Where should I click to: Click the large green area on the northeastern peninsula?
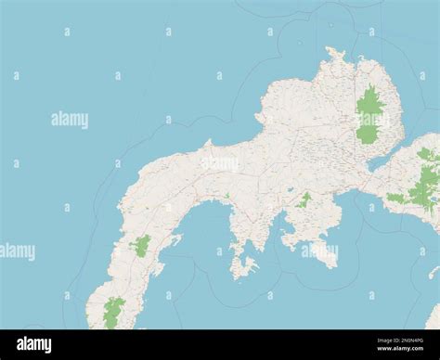click(369, 115)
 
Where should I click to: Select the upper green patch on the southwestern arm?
click(141, 245)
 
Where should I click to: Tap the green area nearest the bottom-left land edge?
click(113, 312)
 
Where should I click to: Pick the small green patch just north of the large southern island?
click(304, 199)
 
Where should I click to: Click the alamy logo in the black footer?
click(34, 344)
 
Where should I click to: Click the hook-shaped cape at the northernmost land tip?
click(334, 53)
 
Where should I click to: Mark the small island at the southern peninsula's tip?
click(243, 267)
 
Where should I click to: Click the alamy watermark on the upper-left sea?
click(70, 120)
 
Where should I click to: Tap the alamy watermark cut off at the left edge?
click(17, 251)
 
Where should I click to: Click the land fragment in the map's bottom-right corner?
click(434, 317)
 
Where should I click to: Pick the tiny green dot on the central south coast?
click(226, 195)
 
